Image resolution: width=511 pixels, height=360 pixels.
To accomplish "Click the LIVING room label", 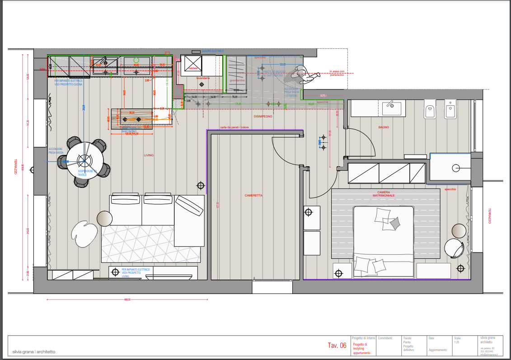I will [149, 155].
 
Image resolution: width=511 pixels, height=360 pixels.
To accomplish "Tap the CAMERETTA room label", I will [253, 196].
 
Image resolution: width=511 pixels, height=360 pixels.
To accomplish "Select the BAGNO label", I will [384, 127].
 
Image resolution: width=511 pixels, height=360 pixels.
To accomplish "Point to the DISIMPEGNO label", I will [263, 117].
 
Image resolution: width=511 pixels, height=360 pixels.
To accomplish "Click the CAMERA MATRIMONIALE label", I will [383, 194].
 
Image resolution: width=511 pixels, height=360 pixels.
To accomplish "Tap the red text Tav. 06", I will [337, 346].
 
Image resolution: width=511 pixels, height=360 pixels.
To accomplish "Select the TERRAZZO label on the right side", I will [489, 216].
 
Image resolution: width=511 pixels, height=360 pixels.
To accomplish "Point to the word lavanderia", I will [203, 78].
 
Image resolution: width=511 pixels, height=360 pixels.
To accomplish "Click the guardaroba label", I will [237, 80].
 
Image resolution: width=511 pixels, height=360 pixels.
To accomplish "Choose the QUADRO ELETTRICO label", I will [213, 51].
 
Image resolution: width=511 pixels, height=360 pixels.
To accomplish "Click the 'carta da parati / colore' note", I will [234, 127].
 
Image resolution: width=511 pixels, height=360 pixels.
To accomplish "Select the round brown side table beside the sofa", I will [105, 219].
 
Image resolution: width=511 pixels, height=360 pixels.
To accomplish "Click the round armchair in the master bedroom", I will [454, 248].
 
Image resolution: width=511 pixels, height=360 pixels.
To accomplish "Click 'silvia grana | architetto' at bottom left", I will [34, 351].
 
